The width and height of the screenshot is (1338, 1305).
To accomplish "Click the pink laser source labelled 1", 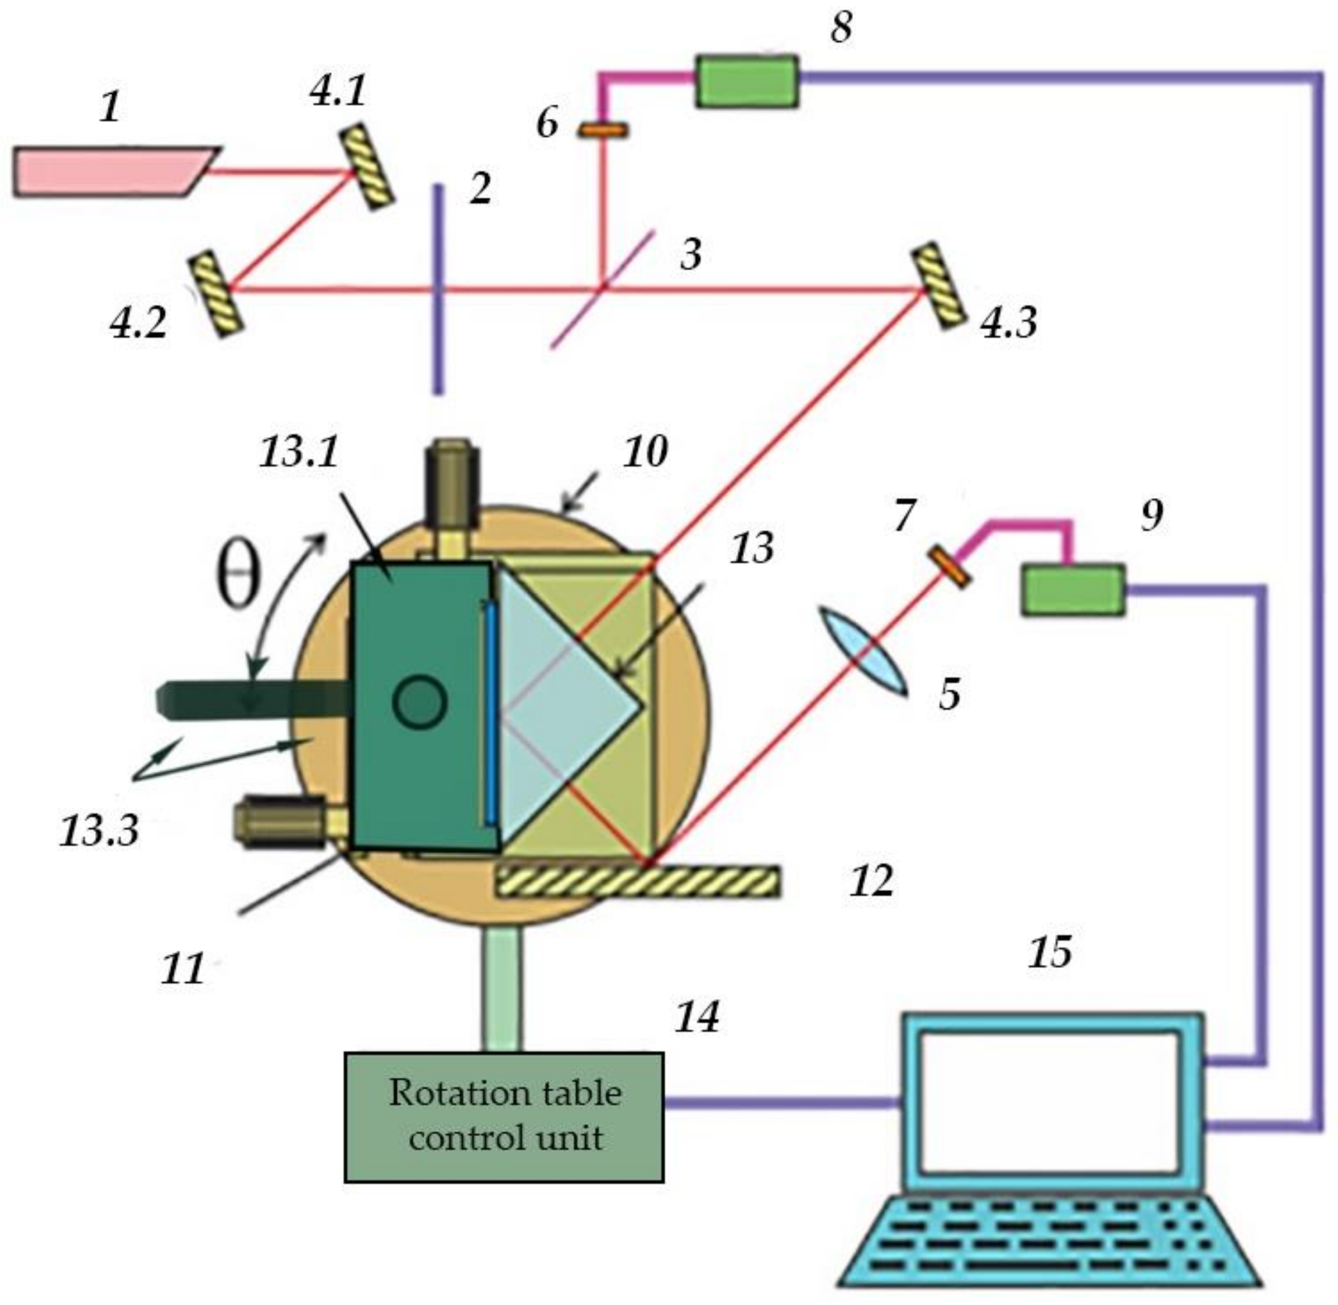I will click(110, 171).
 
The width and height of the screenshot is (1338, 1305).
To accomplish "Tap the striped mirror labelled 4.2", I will click(217, 293).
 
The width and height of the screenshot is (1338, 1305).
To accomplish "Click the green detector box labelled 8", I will click(747, 82).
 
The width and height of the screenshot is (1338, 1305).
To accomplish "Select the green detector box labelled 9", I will click(1073, 589).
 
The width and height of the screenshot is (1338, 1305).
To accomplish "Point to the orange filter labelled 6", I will click(603, 129).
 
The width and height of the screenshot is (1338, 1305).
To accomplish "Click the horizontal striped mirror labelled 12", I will click(637, 882).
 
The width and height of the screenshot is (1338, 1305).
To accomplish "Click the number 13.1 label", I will click(299, 452).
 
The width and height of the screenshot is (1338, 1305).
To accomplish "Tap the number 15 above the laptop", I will click(1049, 951).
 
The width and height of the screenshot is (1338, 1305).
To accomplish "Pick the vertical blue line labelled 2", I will click(438, 288).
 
